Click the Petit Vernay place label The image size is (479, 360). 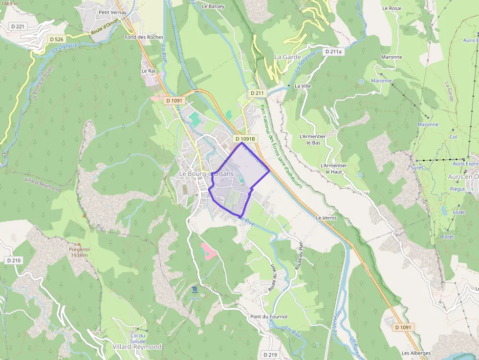coord(112,12)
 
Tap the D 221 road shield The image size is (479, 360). coord(17,26)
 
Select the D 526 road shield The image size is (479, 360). coord(56,39)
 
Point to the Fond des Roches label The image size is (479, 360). coord(144,37)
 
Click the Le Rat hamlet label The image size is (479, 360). coord(148,71)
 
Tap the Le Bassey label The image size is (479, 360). coord(213,6)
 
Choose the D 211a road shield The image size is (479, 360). coord(334,51)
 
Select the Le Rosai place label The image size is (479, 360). coord(392,8)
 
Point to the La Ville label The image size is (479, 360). coord(303,86)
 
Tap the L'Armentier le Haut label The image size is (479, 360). coord(334,169)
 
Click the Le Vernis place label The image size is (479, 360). coord(327,218)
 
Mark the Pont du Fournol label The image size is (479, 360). coord(269,317)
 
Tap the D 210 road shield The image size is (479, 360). coord(14,260)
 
